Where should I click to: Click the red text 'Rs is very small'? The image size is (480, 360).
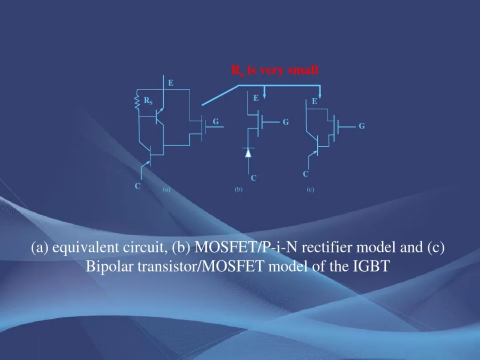[x=275, y=70]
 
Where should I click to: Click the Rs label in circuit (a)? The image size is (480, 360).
[x=148, y=100]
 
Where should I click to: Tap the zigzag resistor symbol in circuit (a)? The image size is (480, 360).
[x=137, y=103]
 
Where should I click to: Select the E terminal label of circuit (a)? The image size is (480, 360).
[x=171, y=83]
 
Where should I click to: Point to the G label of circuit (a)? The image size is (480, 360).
[x=216, y=121]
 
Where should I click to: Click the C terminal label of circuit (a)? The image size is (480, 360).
[x=137, y=186]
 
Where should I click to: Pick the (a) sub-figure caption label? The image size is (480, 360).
[x=166, y=189]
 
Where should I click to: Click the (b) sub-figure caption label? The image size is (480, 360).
[x=239, y=189]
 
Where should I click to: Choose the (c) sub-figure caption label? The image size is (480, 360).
[x=310, y=189]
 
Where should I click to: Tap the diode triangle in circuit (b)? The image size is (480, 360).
[x=248, y=152]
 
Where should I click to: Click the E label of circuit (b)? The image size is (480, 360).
[x=256, y=98]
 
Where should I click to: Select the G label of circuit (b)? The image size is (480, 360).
[x=286, y=122]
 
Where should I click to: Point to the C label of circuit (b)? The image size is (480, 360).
[x=253, y=178]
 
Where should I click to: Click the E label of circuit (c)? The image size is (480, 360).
[x=314, y=101]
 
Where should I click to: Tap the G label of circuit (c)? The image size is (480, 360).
[x=361, y=126]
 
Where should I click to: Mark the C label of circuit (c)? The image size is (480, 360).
[x=305, y=174]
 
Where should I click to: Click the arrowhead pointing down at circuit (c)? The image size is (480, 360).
[x=320, y=96]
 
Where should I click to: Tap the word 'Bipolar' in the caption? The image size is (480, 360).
[x=110, y=266]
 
